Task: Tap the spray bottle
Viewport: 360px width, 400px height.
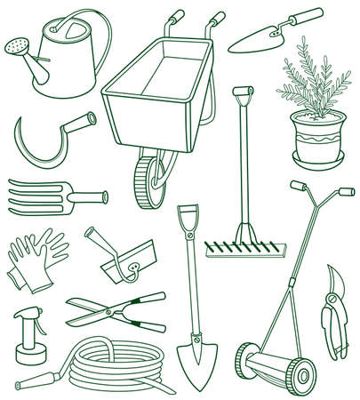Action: coord(28,332)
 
